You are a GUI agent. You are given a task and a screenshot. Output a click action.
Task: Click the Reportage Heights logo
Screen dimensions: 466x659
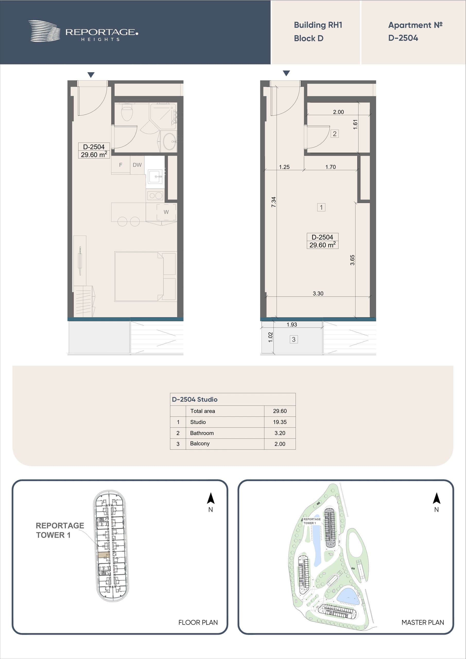(x=83, y=31)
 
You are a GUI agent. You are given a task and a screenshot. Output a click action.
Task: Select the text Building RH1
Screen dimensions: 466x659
(x=318, y=25)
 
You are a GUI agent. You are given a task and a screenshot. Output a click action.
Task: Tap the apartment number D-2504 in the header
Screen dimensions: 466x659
(x=403, y=38)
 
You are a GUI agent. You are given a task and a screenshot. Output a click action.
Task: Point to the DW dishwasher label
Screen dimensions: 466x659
(x=137, y=165)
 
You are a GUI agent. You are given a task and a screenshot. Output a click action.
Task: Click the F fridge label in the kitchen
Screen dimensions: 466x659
(x=120, y=165)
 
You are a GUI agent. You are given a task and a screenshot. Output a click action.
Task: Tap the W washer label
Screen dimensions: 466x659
(x=166, y=212)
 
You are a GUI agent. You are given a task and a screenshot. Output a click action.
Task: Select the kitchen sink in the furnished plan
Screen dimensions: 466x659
(x=155, y=177)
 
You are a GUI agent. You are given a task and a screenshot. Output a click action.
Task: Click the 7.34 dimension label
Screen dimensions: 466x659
(x=274, y=202)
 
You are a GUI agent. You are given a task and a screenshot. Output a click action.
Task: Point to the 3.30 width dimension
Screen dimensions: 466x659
(x=318, y=293)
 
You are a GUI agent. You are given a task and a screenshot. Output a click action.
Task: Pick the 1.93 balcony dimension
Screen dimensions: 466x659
(x=292, y=325)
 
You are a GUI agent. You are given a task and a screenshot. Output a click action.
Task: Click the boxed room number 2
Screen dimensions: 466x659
(x=334, y=134)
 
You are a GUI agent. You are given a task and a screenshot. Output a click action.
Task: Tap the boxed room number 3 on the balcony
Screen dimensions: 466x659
(x=294, y=340)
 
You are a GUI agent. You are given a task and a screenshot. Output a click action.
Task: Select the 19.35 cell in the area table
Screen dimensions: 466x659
(x=280, y=422)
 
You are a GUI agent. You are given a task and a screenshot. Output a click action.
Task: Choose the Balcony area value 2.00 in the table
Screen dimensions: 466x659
(x=280, y=444)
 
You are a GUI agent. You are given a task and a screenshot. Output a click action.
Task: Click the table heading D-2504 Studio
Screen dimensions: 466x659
(x=195, y=399)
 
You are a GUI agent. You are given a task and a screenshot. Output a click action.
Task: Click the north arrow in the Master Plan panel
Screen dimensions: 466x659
(x=436, y=498)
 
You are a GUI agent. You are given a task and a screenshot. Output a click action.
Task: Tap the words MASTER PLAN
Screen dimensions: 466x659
(x=423, y=622)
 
